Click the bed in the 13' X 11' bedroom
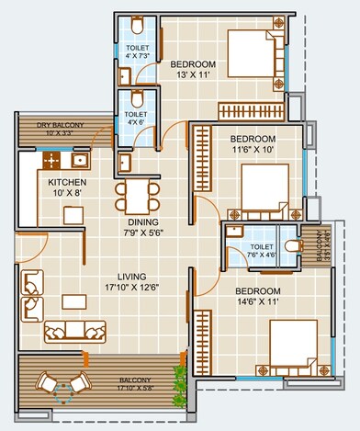pos(251,56)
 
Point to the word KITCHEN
pos(66,182)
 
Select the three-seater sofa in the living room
pos(73,331)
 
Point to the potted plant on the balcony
pos(179,373)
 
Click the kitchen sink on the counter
pos(78,161)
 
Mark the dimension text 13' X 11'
pos(192,76)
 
